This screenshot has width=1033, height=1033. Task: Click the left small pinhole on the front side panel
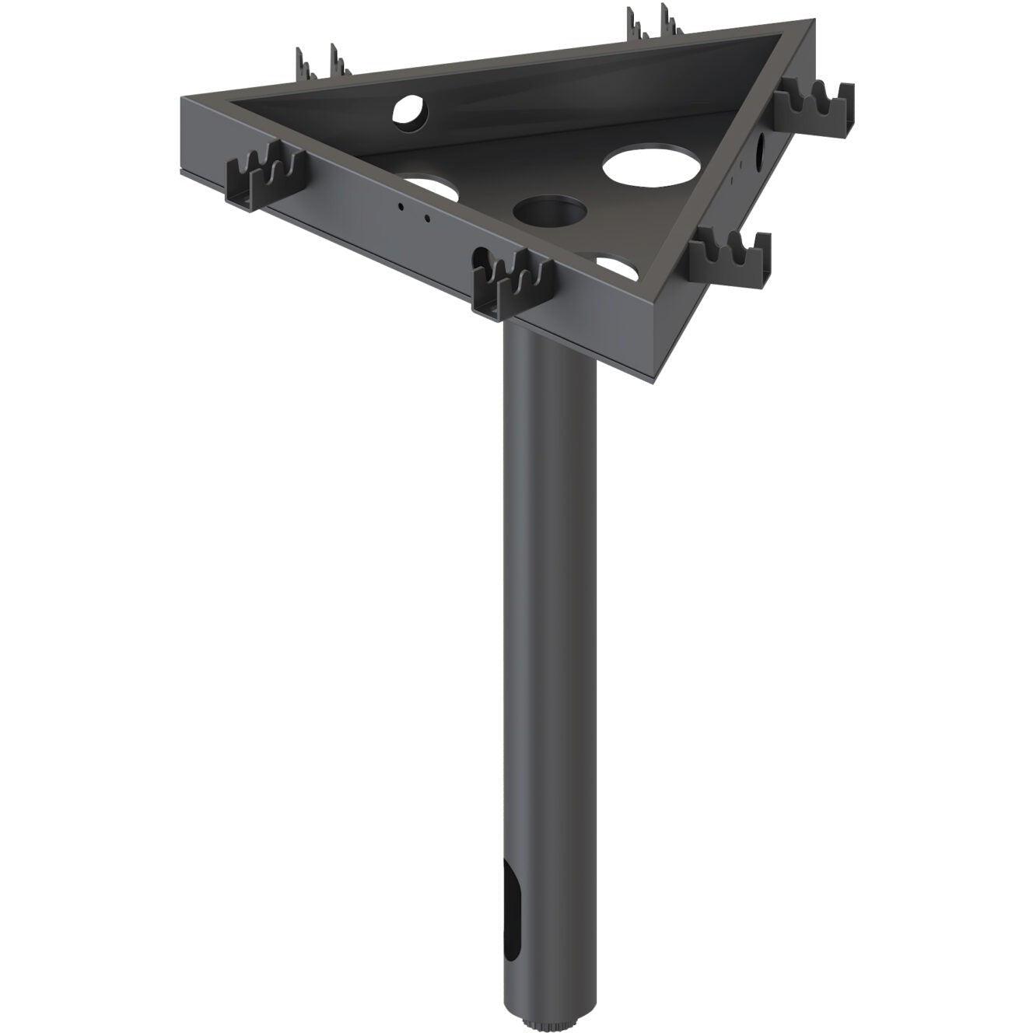[x=400, y=207]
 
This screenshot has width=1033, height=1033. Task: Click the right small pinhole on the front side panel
[x=426, y=219]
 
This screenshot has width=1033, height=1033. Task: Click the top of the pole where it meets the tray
[x=549, y=331]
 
